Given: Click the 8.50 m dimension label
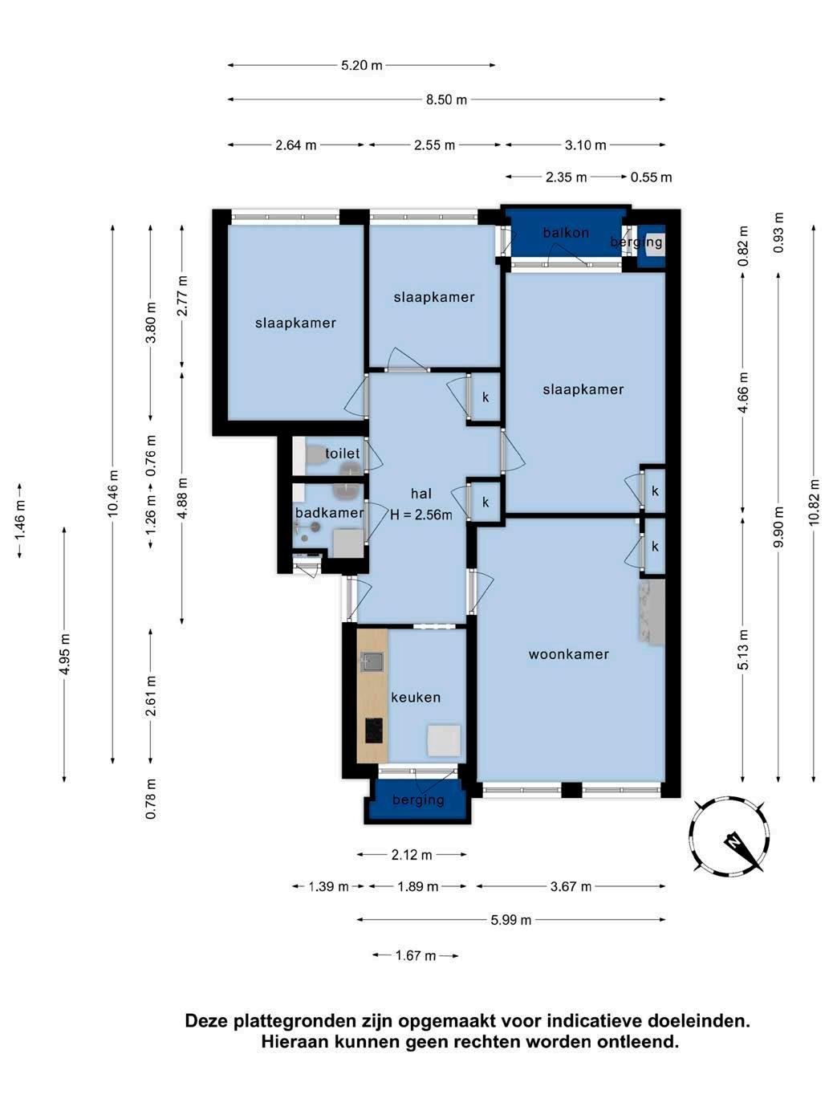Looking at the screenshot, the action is coord(445,100).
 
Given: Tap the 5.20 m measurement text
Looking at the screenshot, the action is coord(361,65).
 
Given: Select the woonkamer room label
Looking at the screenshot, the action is coord(568,654).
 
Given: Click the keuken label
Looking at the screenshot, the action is coord(415,698).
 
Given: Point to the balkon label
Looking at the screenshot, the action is coord(566,233).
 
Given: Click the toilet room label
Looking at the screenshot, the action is coord(342,453).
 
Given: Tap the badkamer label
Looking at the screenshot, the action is coord(329,513).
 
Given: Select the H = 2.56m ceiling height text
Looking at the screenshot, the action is coord(421,515).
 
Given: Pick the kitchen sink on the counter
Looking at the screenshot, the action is coord(372,661).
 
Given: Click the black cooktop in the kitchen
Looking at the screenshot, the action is coord(373,730).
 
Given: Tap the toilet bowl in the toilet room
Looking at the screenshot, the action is coord(316,454).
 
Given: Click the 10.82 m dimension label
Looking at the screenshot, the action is coord(813,502).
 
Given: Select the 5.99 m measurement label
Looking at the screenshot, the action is coord(511,920).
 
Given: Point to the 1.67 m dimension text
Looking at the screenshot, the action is coord(415,955).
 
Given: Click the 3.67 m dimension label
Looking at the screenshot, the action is coord(571,886).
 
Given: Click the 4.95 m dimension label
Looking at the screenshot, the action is coord(64,654).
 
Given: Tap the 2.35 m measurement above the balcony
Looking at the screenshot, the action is coord(566,177).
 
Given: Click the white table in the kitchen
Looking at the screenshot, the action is coord(444,740).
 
